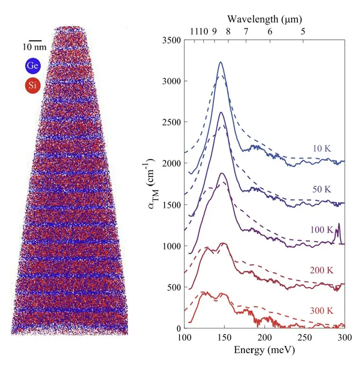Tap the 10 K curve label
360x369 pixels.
click(322, 149)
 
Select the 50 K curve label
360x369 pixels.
click(322, 189)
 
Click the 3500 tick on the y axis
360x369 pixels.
click(171, 41)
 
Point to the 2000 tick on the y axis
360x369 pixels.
click(171, 164)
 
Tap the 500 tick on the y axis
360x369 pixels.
click(173, 287)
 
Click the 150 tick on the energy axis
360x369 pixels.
click(224, 337)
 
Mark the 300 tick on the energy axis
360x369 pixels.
click(344, 337)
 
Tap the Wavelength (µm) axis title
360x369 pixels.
click(264, 19)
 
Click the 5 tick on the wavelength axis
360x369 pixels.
click(303, 32)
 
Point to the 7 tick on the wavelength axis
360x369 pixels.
click(245, 32)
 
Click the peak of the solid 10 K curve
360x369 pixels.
click(220, 62)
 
